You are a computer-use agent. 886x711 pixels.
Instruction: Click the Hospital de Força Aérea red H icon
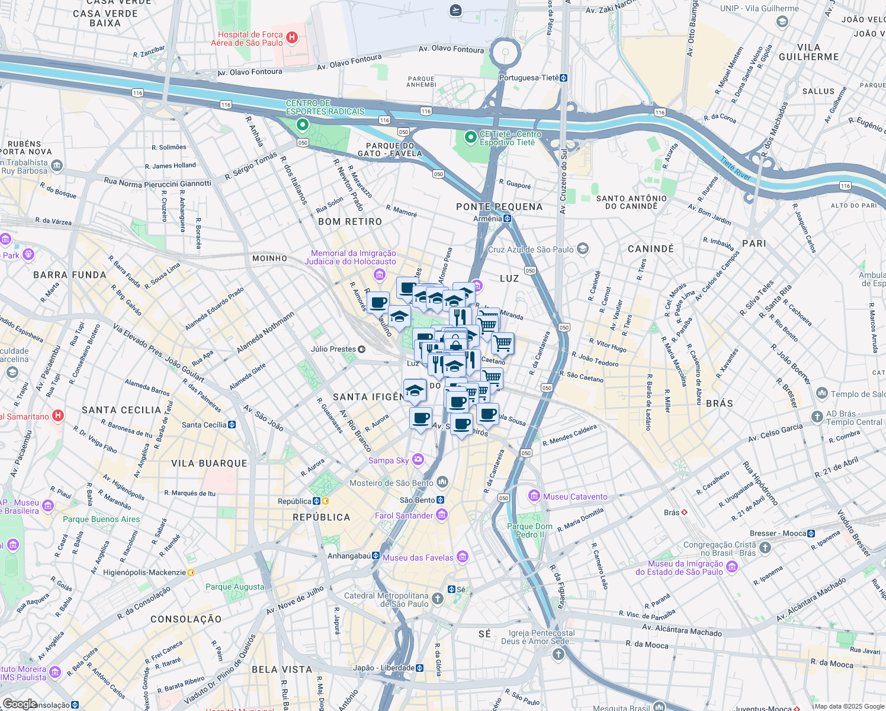(291, 38)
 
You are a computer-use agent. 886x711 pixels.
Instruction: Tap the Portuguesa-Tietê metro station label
(529, 78)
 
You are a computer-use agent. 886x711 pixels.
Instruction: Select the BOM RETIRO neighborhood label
(350, 222)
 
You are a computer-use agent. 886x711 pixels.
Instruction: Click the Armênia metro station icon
(508, 219)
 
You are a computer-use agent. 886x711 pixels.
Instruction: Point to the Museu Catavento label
(575, 497)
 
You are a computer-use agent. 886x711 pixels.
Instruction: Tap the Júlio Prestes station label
(333, 349)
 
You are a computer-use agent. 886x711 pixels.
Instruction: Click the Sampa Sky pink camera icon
(418, 460)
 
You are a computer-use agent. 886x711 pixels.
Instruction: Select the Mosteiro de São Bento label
(391, 483)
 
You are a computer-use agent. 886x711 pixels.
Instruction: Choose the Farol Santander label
(404, 515)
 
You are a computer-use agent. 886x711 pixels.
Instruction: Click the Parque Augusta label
(235, 587)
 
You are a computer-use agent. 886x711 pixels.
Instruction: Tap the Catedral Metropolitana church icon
(438, 599)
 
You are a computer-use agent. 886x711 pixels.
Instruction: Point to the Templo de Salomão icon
(822, 393)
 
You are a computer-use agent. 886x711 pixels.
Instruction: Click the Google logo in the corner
(20, 704)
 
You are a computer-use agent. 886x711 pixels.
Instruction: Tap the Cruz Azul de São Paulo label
(531, 249)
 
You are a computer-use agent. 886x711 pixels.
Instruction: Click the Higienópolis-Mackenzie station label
(145, 572)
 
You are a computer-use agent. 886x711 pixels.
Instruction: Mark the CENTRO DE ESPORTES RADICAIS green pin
(303, 124)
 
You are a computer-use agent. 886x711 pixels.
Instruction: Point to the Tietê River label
(735, 168)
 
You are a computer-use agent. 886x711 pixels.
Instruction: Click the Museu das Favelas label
(418, 558)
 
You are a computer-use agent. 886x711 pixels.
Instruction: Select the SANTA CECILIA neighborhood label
(121, 410)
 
